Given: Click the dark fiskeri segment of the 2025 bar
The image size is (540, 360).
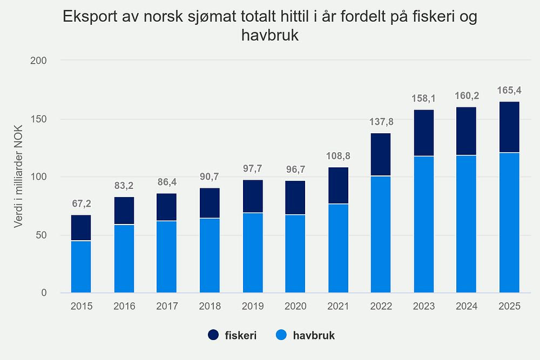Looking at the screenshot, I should click(x=509, y=127).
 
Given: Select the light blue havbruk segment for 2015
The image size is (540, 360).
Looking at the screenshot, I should click(x=81, y=267).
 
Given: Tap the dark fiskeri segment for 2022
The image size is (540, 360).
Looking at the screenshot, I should click(x=381, y=154).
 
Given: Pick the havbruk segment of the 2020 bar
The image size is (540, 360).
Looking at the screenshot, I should click(x=295, y=254).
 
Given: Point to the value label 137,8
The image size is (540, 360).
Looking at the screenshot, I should click(x=381, y=122).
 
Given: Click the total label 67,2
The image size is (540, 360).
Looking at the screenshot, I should click(x=81, y=204).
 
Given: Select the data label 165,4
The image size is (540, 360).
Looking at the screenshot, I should click(x=509, y=90).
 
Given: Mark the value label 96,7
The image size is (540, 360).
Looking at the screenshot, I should click(x=295, y=169).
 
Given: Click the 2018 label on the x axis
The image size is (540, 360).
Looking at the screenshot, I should click(x=210, y=307).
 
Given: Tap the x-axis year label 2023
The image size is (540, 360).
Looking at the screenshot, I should click(x=424, y=307).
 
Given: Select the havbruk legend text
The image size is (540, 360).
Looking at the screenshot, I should click(x=314, y=336).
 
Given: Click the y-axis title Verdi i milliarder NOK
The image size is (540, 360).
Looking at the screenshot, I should click(x=19, y=176).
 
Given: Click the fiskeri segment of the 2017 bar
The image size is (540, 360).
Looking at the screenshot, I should click(x=167, y=207).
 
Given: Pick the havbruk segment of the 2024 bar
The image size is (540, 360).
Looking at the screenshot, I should click(x=467, y=224).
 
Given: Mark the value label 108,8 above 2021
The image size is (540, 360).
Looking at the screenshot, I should click(x=338, y=156).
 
